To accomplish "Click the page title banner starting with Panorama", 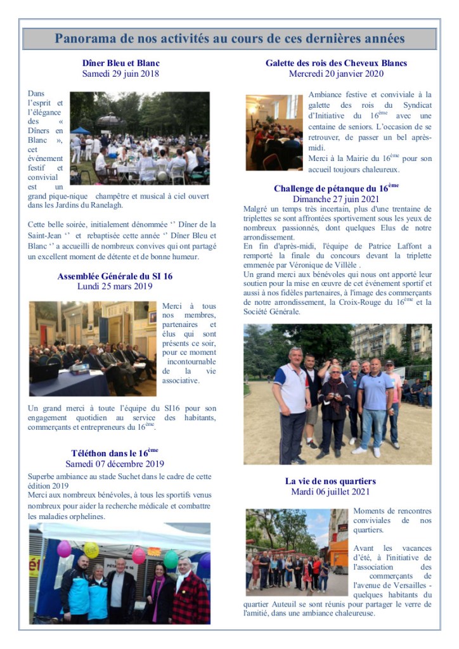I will point(229,39).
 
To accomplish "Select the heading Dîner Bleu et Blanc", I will point(120,63).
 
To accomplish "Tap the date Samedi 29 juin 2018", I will point(120,74).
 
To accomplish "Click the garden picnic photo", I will point(139,138).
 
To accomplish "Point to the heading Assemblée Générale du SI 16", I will point(115,276).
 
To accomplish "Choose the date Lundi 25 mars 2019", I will point(115,286).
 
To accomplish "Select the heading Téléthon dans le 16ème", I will point(115,453).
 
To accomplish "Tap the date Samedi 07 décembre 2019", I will point(115,463).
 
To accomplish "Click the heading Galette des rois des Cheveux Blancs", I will point(337,63).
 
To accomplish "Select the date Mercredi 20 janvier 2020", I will point(337,74).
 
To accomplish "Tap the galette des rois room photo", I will point(274,132).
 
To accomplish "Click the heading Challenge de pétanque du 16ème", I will point(337,188).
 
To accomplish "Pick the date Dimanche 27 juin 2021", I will point(337,198).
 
